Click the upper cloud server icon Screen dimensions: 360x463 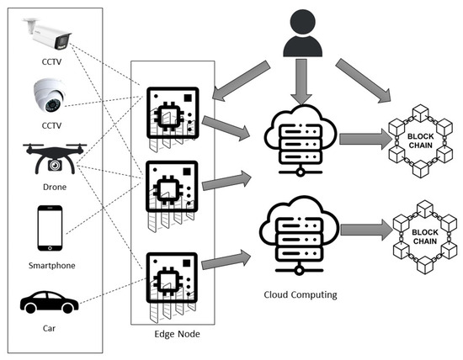pos(295,135)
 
